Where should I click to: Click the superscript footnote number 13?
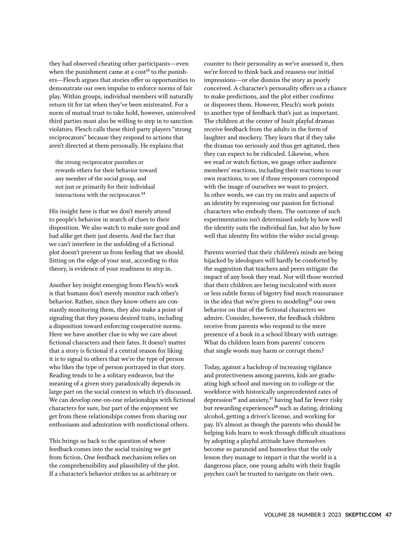148,70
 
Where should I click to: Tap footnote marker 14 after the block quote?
143,194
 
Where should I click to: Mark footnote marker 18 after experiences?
276,407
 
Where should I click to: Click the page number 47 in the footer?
388,515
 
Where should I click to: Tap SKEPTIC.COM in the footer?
363,515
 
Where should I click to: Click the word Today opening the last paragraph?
212,367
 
